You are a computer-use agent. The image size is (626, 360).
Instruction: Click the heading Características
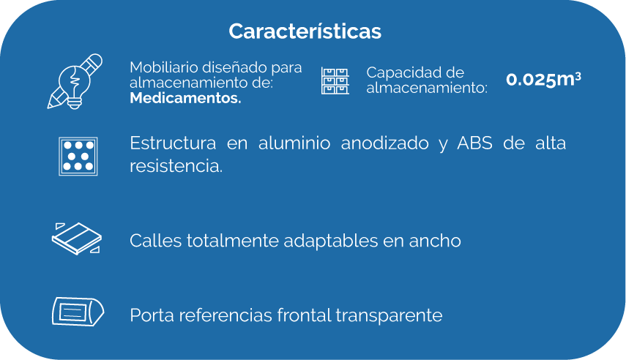[x=305, y=31]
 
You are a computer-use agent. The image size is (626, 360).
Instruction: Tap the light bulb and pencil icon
[x=75, y=82]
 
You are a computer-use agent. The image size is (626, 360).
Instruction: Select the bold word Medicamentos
[x=186, y=98]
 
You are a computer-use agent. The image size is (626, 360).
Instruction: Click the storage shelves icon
[x=335, y=80]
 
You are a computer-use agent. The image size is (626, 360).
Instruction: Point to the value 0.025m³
[x=543, y=79]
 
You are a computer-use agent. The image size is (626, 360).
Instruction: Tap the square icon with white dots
[x=78, y=156]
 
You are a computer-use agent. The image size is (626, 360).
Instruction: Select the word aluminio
[x=294, y=143]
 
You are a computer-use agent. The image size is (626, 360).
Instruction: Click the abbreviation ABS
[x=474, y=143]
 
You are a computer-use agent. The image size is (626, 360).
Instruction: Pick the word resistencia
[x=176, y=166]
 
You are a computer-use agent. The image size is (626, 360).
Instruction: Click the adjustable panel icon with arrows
[x=77, y=239]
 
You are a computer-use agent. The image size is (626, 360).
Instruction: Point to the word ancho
[x=435, y=241]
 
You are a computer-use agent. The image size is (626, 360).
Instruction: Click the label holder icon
[x=78, y=312]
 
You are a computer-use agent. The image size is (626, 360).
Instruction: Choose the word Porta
[x=152, y=315]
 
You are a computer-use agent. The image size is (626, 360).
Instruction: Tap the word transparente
[x=389, y=316]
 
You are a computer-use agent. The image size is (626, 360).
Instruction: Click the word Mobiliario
[x=164, y=67]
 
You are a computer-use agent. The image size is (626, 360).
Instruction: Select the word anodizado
[x=385, y=143]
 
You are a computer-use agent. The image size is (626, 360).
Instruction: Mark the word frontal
[x=305, y=315]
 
